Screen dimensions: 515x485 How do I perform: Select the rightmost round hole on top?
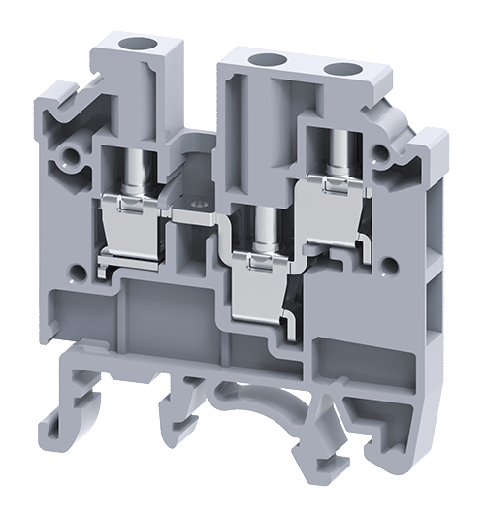click(x=344, y=70)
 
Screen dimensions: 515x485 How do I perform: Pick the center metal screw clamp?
click(x=260, y=281)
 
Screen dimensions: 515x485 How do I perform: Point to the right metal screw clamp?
click(x=332, y=213)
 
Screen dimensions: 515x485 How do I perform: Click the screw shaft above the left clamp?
click(x=130, y=170)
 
